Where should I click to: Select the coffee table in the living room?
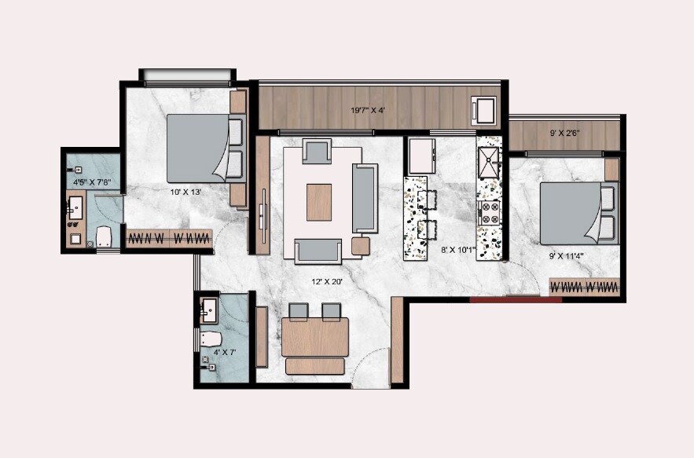pos(319,201)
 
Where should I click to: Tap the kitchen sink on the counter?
pos(490,165)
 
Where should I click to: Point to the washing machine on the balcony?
pos(482,111)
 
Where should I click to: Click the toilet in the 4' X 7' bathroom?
pos(208,339)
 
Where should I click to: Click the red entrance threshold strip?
pos(516,299)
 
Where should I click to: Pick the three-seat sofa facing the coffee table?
pos(365,198)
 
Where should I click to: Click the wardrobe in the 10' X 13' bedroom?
pos(169,237)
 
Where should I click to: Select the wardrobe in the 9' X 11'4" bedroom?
pos(585,287)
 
